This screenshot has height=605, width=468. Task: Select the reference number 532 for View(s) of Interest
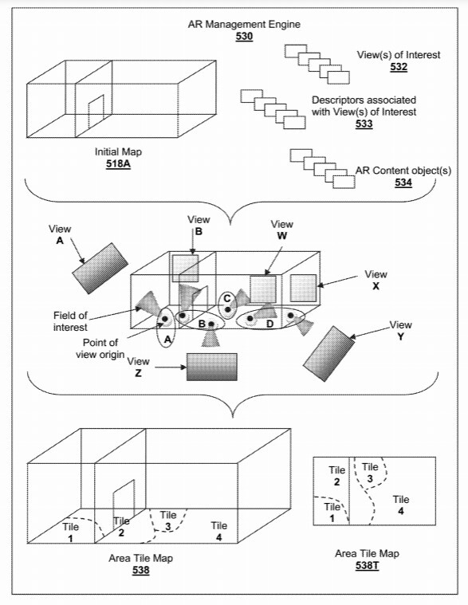point(399,67)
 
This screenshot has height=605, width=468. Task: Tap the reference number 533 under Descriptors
point(364,124)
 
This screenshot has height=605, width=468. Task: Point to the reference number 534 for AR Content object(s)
point(403,183)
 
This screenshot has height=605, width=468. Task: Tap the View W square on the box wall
point(263,288)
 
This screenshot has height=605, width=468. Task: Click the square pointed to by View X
point(304,287)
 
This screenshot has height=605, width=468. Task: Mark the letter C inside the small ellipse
point(227,298)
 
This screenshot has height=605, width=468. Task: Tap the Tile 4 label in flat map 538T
point(400,505)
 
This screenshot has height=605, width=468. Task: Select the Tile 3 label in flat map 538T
point(370,472)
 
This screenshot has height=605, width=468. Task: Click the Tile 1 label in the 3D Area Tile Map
point(73,532)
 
